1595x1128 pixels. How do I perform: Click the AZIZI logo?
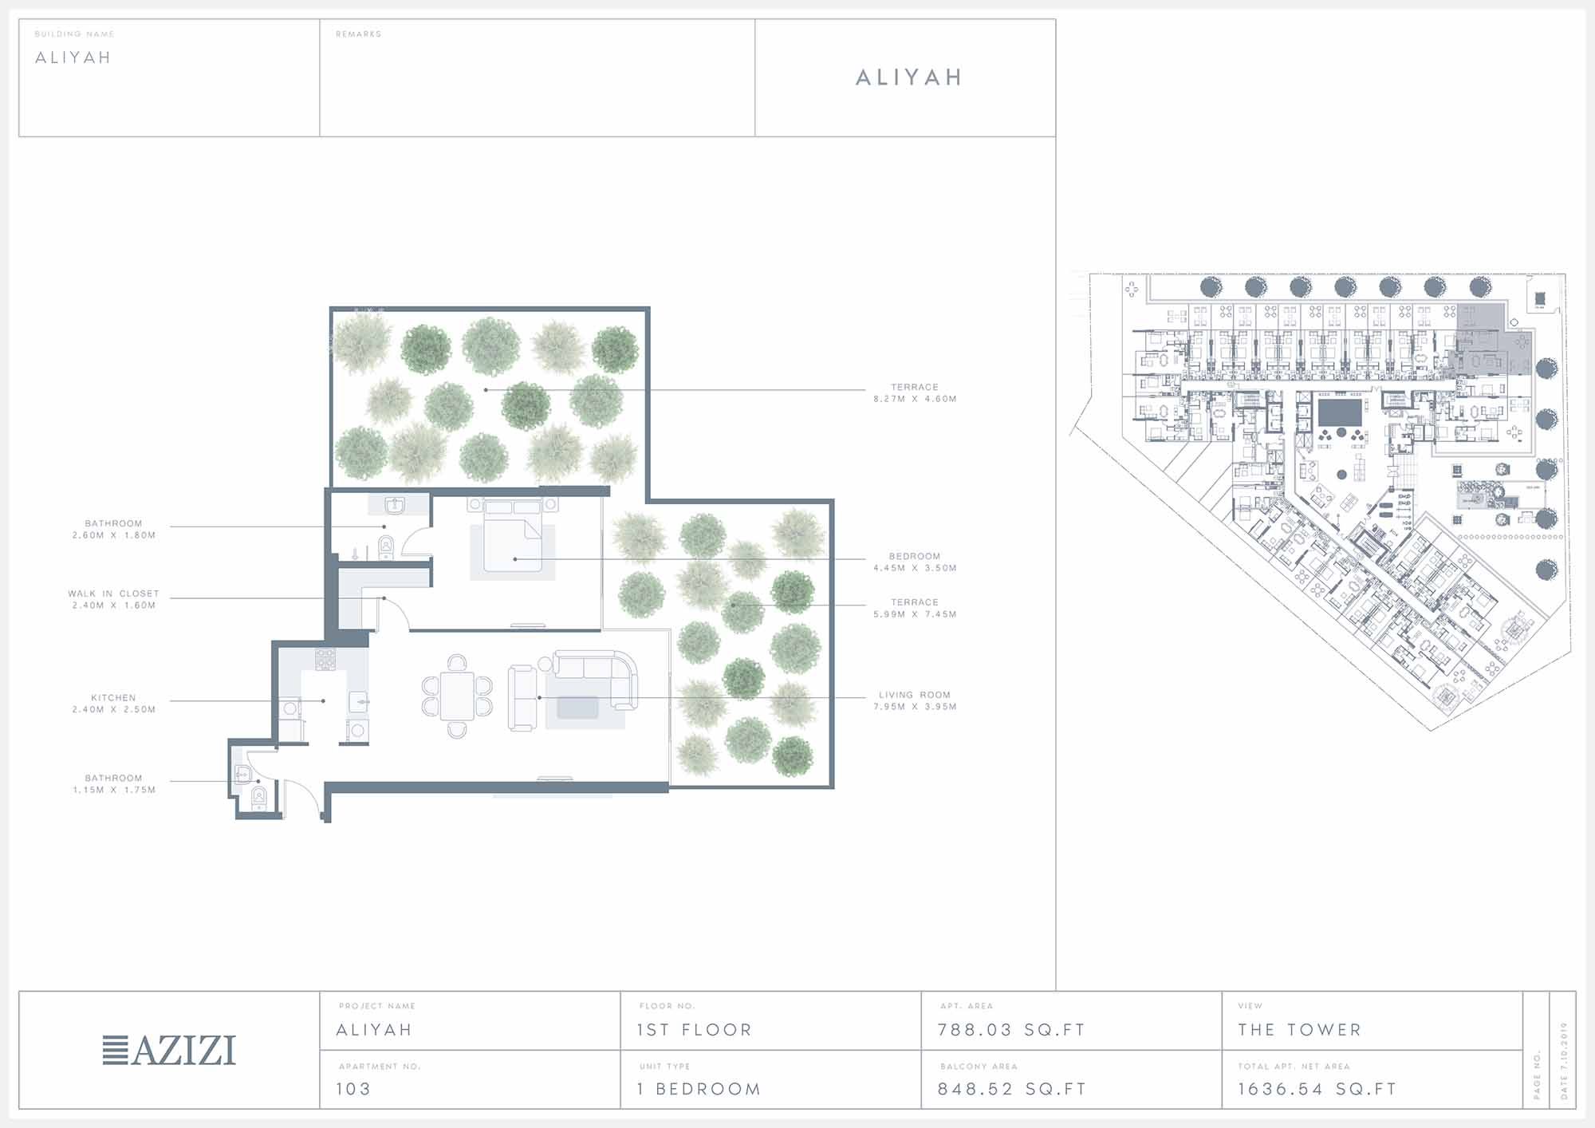(x=169, y=1050)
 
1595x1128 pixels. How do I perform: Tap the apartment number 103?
(x=353, y=1089)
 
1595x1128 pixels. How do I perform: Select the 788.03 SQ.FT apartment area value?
(x=1011, y=1030)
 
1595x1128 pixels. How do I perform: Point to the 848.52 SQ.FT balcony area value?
(x=1011, y=1089)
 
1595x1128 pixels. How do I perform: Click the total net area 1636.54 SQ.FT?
(x=1317, y=1089)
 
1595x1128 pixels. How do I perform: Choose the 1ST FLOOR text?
(x=695, y=1030)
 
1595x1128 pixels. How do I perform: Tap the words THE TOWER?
(x=1299, y=1030)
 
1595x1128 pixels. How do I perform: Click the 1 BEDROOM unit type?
(x=699, y=1089)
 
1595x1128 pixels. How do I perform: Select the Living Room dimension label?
(x=915, y=700)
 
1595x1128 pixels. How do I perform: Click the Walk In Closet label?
(x=113, y=599)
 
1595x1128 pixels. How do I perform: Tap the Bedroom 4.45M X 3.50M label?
(x=915, y=562)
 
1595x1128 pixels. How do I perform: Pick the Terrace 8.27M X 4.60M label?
(x=915, y=392)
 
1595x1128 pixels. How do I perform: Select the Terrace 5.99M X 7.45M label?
(x=915, y=608)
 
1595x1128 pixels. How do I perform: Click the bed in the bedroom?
(x=514, y=534)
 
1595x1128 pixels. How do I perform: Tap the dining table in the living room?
(x=457, y=696)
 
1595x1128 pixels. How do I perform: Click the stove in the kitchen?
(x=325, y=659)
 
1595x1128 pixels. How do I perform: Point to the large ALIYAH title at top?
(x=909, y=77)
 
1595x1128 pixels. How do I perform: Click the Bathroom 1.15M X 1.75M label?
(x=113, y=783)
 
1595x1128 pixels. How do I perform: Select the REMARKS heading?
(x=358, y=34)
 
